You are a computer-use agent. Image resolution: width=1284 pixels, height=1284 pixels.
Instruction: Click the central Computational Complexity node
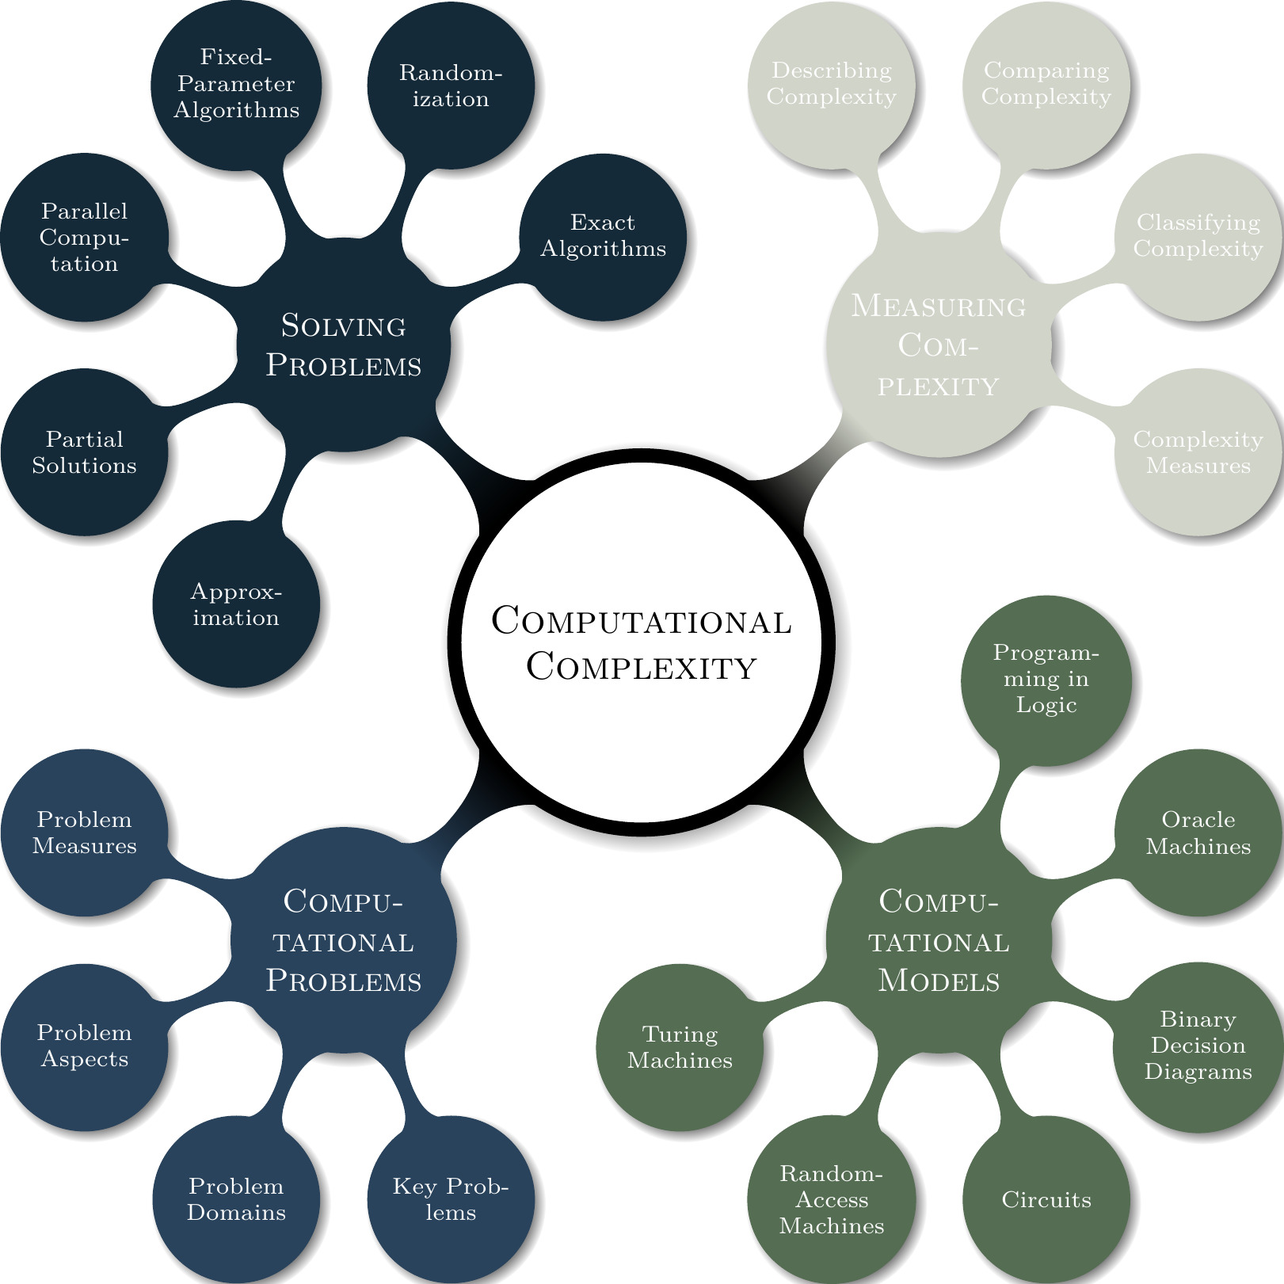coord(642,642)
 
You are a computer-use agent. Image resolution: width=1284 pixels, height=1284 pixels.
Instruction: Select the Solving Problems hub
coord(344,345)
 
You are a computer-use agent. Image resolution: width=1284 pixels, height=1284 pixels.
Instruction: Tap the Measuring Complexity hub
coord(939,345)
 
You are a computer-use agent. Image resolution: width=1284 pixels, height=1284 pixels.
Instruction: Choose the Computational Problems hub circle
coord(344,940)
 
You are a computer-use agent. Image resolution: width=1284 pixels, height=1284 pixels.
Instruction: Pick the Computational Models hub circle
coord(939,940)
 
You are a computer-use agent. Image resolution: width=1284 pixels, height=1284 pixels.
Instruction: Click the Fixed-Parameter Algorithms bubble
coord(236,84)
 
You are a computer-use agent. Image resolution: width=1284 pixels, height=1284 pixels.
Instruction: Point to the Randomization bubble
coord(451,86)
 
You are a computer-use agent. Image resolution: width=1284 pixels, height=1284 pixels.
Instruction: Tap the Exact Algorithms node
coord(603,236)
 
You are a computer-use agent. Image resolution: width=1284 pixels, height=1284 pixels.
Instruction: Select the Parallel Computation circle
coord(85,238)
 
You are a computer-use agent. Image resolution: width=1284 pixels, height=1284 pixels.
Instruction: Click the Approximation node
coord(236,604)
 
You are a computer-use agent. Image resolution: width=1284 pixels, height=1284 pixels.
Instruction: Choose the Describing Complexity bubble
coord(832,84)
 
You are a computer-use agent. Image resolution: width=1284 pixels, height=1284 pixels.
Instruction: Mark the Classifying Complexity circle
coord(1198,236)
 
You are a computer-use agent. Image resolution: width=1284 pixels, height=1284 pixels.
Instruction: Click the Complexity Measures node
coord(1198,452)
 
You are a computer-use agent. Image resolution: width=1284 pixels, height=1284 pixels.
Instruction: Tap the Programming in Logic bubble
coord(1046,680)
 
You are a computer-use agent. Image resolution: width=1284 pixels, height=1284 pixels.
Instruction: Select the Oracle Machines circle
coord(1198,833)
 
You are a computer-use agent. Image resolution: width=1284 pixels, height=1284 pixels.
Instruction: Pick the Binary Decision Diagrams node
coord(1198,1046)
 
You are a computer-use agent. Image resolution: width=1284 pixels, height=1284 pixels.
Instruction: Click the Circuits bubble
coord(1046,1199)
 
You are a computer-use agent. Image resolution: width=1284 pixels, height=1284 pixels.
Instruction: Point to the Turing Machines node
coord(680,1047)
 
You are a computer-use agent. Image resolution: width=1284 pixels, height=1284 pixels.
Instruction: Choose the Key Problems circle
coord(451,1199)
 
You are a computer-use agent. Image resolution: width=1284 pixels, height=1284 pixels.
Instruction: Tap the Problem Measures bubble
coord(85,833)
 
